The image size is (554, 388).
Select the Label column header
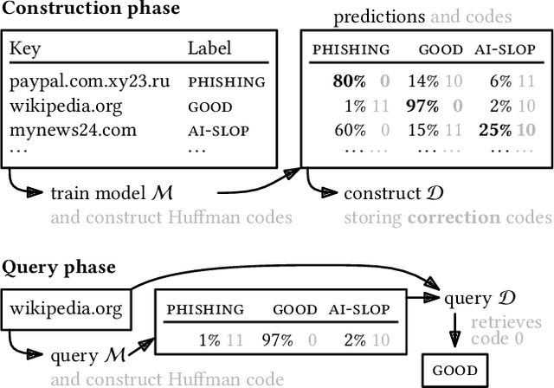(x=209, y=48)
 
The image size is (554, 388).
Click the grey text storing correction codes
(x=447, y=217)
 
